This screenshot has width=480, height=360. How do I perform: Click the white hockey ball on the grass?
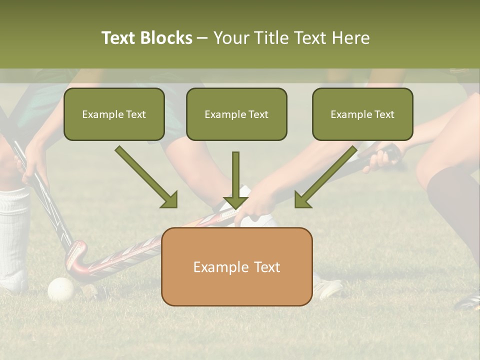tap(61, 289)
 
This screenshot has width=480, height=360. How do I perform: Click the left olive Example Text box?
tap(114, 114)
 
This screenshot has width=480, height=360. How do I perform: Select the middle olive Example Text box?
tap(236, 114)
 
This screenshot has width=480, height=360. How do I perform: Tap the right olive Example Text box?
tap(362, 114)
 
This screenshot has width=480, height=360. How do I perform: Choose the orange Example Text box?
tap(236, 267)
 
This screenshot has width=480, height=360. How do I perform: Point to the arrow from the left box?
tap(146, 177)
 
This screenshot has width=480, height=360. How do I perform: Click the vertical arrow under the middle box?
tap(235, 180)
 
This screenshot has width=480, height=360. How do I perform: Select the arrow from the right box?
tap(326, 177)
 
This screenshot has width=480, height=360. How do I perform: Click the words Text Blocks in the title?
tap(146, 38)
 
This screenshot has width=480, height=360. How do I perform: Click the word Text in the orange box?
tap(265, 267)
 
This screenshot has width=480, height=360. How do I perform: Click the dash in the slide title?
tap(202, 38)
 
